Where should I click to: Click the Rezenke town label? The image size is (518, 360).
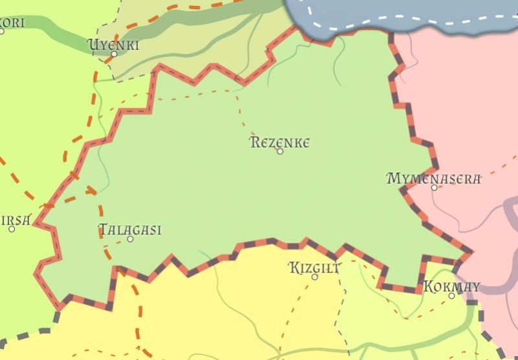pyautogui.click(x=279, y=142)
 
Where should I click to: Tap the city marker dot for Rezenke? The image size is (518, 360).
pyautogui.click(x=280, y=152)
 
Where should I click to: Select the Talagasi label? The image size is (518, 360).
pyautogui.click(x=129, y=230)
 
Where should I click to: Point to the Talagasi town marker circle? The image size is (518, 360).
pyautogui.click(x=130, y=239)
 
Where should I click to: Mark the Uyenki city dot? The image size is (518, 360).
pyautogui.click(x=114, y=54)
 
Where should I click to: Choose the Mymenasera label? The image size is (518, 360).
pyautogui.click(x=433, y=179)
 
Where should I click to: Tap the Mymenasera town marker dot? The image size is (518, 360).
pyautogui.click(x=434, y=188)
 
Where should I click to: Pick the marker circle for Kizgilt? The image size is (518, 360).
pyautogui.click(x=315, y=277)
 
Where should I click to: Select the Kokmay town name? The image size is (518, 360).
pyautogui.click(x=451, y=286)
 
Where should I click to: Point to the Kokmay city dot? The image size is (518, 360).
pyautogui.click(x=452, y=296)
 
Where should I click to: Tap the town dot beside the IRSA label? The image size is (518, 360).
pyautogui.click(x=12, y=229)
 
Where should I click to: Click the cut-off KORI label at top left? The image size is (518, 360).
pyautogui.click(x=12, y=23)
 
